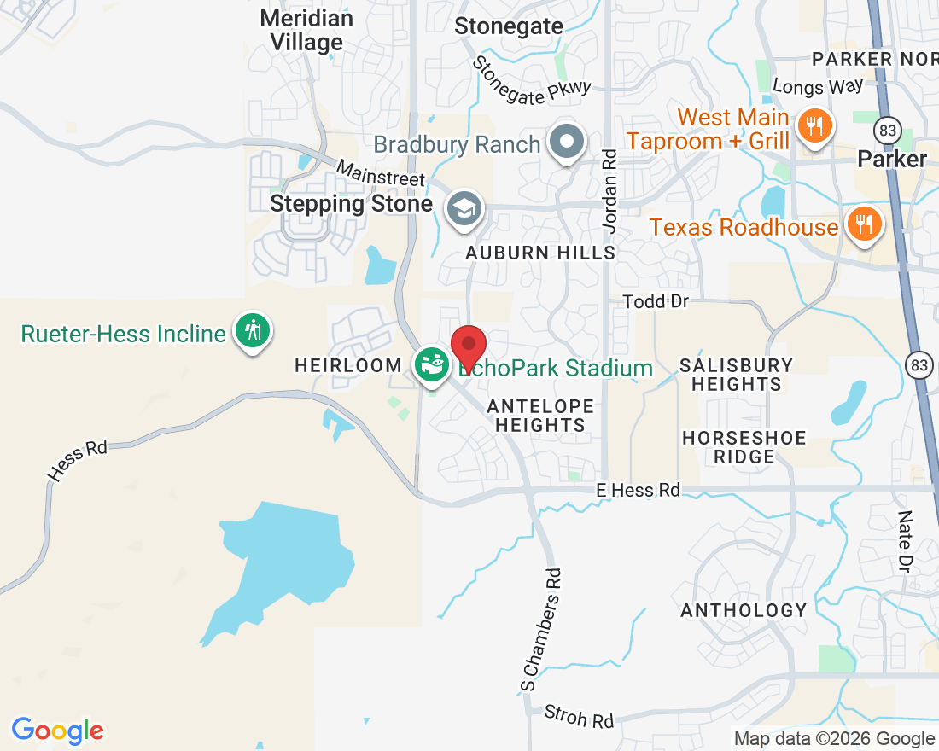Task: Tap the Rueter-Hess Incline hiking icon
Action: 253,330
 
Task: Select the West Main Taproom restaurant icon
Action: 814,126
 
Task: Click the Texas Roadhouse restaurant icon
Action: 865,224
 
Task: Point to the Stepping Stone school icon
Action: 464,207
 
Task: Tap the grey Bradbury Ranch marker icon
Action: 565,142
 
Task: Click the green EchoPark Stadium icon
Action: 432,365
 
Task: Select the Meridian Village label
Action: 306,30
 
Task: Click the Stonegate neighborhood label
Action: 509,26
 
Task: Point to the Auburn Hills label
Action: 540,253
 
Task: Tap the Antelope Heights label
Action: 540,415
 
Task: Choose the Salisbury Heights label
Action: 737,375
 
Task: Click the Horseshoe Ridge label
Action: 744,447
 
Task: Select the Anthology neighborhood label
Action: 744,610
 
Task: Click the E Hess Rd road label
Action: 639,490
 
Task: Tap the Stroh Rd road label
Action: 580,716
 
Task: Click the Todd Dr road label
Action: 655,301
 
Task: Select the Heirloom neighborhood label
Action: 348,365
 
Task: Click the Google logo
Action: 57,731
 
